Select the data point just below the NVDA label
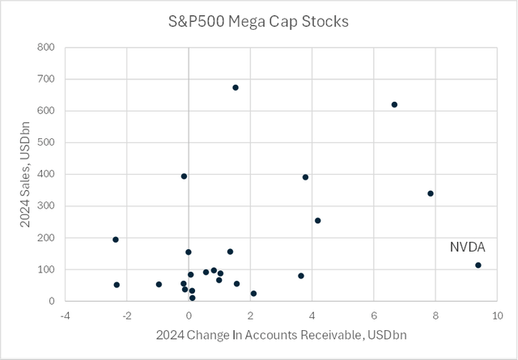coord(478,265)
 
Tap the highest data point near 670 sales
coord(236,87)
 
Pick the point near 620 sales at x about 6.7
coord(394,104)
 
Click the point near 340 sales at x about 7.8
coord(431,193)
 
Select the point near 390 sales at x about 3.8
coord(305,177)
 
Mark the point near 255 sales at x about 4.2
coord(317,220)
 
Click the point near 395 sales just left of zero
coord(184,176)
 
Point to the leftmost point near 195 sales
coord(116,239)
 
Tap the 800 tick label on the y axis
coord(46,48)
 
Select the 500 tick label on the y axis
coord(46,142)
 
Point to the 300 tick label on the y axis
coord(46,205)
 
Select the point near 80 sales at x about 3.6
coord(301,276)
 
